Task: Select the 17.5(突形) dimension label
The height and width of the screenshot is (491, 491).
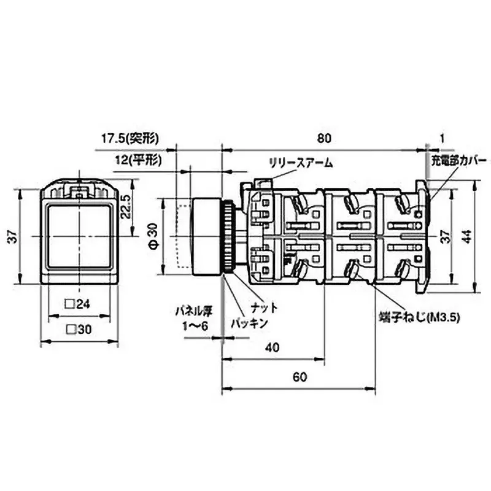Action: tap(130, 139)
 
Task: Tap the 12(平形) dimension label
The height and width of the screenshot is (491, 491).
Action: tap(138, 161)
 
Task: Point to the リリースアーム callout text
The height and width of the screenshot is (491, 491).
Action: tap(301, 163)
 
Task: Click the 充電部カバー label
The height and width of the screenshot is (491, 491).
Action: tap(456, 163)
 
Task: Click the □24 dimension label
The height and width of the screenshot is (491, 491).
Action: tap(78, 303)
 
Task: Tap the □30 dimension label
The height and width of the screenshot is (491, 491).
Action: tap(78, 329)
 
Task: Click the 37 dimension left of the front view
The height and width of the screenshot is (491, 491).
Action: tap(12, 237)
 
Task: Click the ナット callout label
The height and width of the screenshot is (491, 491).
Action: tap(265, 307)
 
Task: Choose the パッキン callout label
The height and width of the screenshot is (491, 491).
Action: tap(249, 323)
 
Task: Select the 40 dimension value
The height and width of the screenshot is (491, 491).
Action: tap(273, 347)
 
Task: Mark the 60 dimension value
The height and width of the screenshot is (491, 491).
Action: tap(299, 377)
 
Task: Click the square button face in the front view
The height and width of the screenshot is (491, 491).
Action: tap(78, 236)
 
